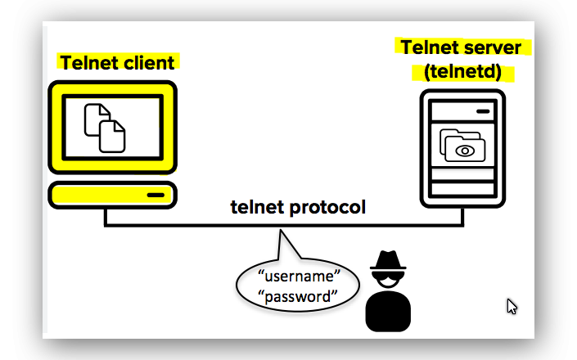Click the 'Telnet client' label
(117, 62)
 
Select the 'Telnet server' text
(461, 47)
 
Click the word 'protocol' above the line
(327, 207)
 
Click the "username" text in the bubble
(299, 274)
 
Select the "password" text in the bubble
(299, 295)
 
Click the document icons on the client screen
(106, 127)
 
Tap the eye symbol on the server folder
(465, 151)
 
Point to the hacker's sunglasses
(387, 276)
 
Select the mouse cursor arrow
(511, 306)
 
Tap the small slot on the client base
(155, 196)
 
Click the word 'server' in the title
(494, 47)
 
